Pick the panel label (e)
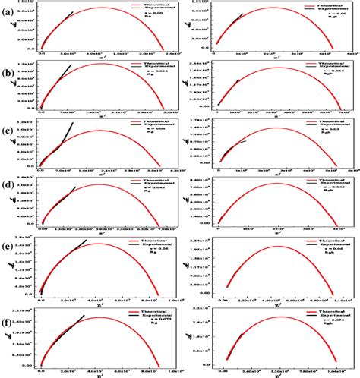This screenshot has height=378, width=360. (x=8, y=249)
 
